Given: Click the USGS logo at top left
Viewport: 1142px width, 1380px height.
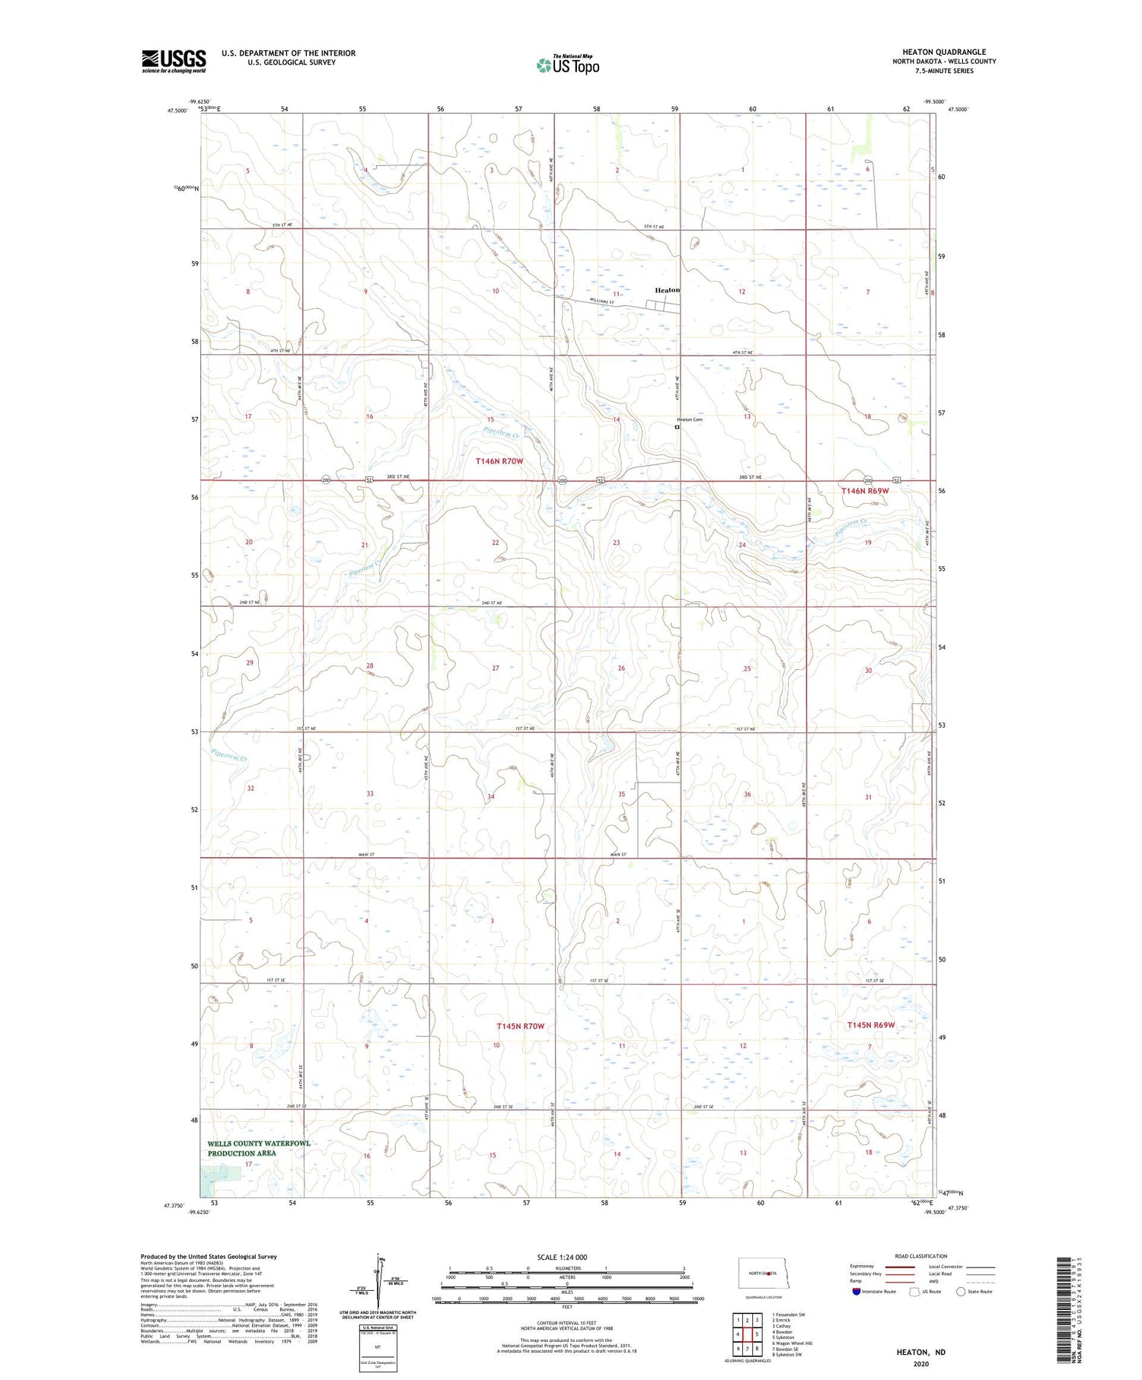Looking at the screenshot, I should point(174,61).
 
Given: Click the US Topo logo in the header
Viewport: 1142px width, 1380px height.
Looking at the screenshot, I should point(567,65).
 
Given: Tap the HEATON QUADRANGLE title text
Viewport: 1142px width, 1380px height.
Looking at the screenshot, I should point(943,52).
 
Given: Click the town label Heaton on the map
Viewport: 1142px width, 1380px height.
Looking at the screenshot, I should point(667,290).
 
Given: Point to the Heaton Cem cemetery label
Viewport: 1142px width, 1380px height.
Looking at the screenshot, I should point(690,419).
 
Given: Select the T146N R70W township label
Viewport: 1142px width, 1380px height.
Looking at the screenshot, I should point(499,461).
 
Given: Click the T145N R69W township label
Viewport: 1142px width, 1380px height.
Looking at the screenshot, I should point(870,1025).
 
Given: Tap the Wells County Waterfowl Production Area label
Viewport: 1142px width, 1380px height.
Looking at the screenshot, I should point(259,1148).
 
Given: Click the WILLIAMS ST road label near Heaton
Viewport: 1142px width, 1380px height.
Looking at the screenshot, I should point(602,302).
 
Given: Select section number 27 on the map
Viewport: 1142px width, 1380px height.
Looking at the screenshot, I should point(496,668).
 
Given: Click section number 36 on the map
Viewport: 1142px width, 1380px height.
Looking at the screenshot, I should point(747,794).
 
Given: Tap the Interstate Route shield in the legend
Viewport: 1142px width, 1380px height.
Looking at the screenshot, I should point(856,1291).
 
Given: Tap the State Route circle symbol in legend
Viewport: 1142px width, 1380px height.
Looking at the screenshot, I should point(961,1291).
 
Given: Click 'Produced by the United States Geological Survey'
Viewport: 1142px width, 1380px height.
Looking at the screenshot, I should point(209,1257).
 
